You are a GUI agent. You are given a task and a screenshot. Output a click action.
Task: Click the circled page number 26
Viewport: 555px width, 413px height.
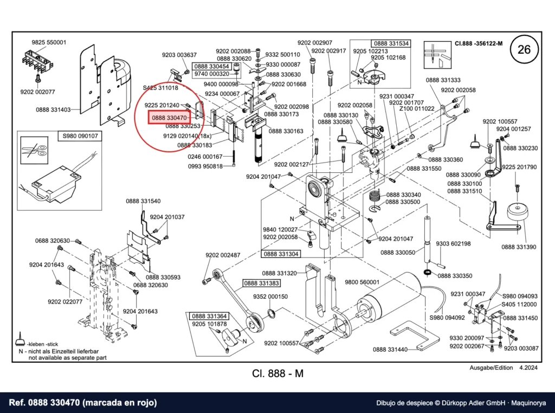point(524,49)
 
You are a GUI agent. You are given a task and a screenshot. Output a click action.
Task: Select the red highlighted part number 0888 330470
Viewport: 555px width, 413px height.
point(169,118)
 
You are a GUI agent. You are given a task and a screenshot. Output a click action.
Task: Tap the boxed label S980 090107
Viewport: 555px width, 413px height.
point(80,136)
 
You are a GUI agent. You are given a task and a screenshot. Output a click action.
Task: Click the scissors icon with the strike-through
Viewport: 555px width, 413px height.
point(34,150)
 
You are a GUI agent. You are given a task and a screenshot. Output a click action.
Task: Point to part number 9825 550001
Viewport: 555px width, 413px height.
point(49,42)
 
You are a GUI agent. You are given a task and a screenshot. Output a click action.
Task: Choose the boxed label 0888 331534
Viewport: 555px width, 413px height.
point(391,43)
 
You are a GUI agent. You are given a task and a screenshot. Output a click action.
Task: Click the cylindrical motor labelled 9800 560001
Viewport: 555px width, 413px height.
point(388,296)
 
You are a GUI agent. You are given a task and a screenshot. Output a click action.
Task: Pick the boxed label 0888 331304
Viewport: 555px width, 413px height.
point(281,254)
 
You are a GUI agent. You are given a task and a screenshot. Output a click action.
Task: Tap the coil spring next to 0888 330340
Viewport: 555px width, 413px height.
point(376,196)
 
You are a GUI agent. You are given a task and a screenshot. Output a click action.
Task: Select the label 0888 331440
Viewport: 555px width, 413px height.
point(390,349)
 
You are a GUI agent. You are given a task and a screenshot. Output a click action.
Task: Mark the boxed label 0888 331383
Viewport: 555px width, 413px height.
point(262,283)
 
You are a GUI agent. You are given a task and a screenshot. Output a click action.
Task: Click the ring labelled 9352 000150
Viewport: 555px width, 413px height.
point(271,314)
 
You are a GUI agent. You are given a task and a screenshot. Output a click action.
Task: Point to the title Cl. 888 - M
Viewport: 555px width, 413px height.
point(278,373)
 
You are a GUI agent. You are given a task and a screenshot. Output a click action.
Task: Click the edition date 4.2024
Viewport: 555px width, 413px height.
point(528,367)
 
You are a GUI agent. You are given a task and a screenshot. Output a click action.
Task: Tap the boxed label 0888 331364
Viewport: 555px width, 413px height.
point(210,316)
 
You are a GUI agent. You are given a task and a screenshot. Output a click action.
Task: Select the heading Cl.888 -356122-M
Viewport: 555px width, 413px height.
point(479,43)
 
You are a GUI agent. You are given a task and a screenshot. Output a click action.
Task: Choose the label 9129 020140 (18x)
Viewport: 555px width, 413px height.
point(187,136)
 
